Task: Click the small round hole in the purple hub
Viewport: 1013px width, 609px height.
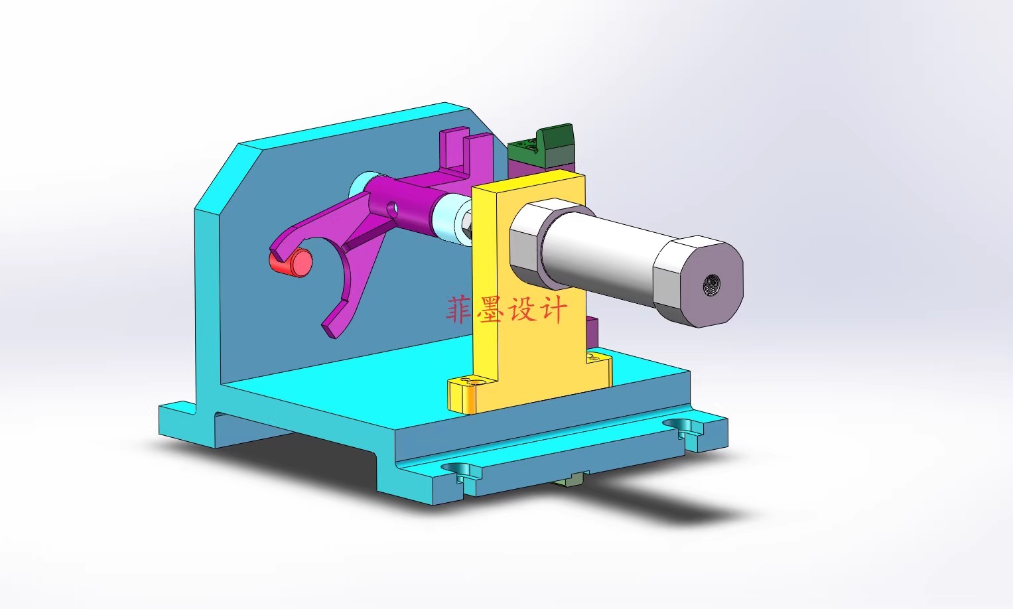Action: click(392, 209)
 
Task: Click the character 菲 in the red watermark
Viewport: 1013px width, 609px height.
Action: click(458, 310)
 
